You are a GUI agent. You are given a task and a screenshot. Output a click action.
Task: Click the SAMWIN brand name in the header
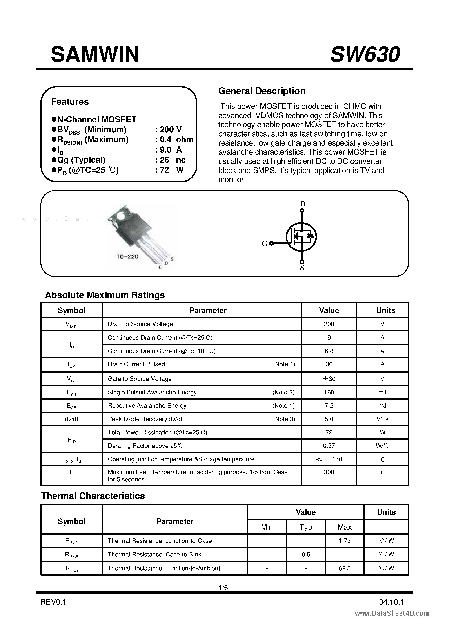[x=95, y=54]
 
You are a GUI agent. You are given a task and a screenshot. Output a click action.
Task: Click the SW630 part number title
[x=365, y=54]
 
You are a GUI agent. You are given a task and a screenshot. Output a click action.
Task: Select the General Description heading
[x=262, y=91]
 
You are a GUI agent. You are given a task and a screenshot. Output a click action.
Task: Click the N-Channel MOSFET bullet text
[x=97, y=119]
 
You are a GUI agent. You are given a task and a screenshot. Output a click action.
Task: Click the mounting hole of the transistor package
[x=121, y=217]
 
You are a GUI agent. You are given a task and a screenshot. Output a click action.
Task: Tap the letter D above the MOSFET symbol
[x=302, y=204]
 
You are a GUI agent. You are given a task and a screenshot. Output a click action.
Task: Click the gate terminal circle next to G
[x=271, y=243]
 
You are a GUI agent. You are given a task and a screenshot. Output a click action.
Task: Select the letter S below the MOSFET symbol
[x=302, y=268]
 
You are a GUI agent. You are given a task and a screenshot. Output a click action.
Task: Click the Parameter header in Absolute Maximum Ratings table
[x=208, y=310]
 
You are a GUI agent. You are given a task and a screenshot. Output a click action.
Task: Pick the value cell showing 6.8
[x=329, y=351]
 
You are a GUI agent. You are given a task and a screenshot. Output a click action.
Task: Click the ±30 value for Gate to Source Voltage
[x=329, y=379]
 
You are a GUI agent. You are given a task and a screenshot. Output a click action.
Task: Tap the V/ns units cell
[x=382, y=419]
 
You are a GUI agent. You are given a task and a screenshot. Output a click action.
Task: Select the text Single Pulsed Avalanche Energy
[x=152, y=392]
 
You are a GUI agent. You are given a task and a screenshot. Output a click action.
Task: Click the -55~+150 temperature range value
[x=329, y=459]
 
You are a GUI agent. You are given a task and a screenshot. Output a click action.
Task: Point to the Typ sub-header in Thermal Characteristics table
[x=305, y=527]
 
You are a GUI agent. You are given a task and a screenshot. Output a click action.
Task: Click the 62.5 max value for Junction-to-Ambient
[x=344, y=568]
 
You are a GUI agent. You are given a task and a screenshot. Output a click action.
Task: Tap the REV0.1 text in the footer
[x=53, y=602]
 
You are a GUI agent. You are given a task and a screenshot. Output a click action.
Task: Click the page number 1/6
[x=223, y=588]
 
